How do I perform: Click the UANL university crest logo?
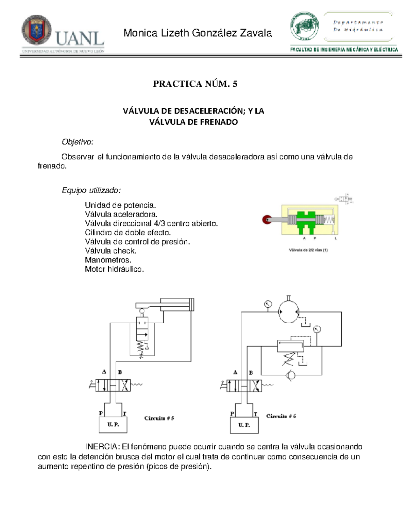pos(36,30)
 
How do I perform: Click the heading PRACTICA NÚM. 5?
pos(195,84)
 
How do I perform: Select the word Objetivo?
pos(77,142)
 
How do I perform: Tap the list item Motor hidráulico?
pos(114,269)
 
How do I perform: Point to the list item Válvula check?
pos(111,251)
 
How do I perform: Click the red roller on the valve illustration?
pos(267,220)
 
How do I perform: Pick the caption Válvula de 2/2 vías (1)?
pos(308,250)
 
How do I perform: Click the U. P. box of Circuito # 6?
pos(244,425)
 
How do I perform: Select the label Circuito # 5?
pos(159,418)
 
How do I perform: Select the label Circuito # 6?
pos(281,416)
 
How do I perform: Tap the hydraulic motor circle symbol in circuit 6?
pos(288,312)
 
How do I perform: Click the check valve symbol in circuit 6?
pos(291,375)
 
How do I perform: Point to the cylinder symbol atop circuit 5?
pos(177,304)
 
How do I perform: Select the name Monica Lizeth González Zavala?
pos(198,33)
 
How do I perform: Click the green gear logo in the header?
pos(305,27)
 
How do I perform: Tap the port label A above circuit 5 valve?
pos(104,372)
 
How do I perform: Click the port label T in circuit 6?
pos(255,414)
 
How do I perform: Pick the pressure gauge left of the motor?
pos(268,304)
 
